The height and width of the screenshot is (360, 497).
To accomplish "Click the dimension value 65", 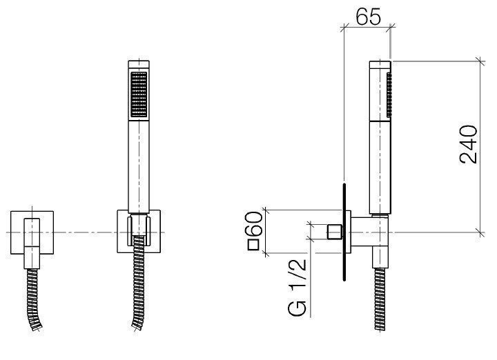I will (x=367, y=17).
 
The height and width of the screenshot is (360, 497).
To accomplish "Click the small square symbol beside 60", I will (x=253, y=244).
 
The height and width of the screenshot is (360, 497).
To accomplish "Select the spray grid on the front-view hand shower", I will (x=139, y=94).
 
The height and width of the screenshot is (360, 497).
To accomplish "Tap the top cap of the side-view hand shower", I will (x=380, y=66).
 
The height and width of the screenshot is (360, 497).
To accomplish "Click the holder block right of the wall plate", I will (x=366, y=230).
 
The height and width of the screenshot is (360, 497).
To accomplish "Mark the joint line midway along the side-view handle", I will (x=379, y=120).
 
